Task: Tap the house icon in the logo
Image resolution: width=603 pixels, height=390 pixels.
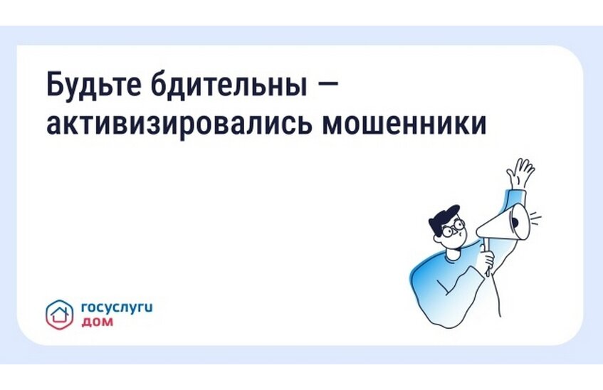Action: [x=60, y=312]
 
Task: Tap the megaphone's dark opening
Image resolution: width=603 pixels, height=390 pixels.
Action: [x=518, y=223]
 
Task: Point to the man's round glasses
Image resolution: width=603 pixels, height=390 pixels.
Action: [x=452, y=229]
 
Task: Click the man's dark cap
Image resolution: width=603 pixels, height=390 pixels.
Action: [x=444, y=216]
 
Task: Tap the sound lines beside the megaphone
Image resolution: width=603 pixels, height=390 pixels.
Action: [x=535, y=218]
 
